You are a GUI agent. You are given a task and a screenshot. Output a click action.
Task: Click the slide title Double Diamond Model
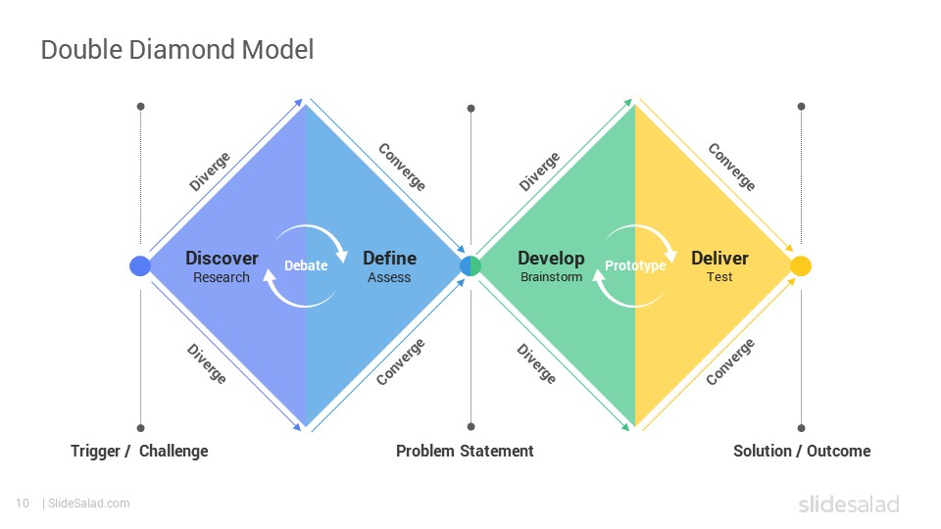[177, 50]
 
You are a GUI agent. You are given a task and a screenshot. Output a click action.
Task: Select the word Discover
[222, 258]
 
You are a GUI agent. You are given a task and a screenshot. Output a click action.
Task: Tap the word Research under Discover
[221, 277]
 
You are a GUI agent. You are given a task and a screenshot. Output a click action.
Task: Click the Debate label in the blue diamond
[306, 265]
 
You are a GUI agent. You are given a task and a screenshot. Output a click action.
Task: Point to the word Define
[389, 258]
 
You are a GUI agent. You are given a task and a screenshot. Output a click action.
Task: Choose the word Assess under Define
[389, 277]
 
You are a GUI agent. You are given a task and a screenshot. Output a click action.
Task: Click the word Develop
[551, 259]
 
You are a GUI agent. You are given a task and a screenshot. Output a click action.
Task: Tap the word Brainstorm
[551, 276]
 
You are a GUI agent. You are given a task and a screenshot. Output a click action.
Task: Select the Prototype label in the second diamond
[635, 265]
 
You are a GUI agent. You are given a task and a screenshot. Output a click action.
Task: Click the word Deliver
[719, 258]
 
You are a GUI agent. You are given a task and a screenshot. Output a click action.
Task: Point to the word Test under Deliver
[718, 276]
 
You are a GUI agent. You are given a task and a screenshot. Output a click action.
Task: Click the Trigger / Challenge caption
[139, 451]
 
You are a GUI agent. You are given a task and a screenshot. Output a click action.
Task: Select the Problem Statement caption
[465, 451]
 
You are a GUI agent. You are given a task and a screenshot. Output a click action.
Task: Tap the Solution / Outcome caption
[802, 451]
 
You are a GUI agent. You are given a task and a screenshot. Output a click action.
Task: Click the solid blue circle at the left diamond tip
[140, 265]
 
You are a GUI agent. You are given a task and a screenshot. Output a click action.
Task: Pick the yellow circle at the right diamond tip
[801, 265]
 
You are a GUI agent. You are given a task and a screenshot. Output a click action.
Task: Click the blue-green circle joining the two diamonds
[470, 265]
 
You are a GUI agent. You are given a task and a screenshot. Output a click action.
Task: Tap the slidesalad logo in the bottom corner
[849, 504]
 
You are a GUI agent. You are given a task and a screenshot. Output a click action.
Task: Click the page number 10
[23, 504]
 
